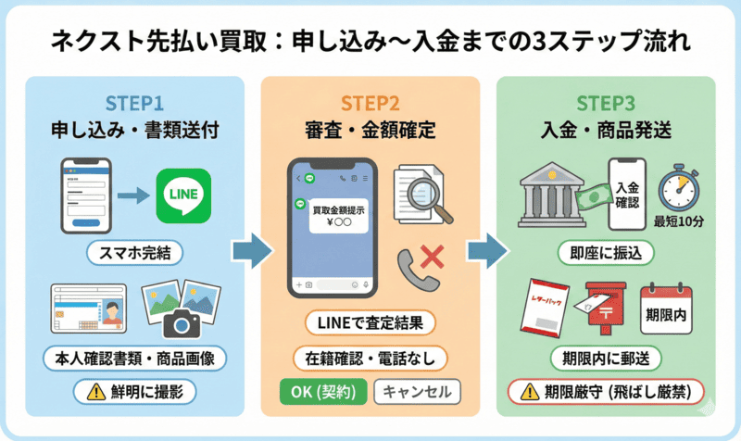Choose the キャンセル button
(417, 391)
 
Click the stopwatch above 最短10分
(679, 190)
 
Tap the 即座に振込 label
(607, 251)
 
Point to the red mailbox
(607, 311)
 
